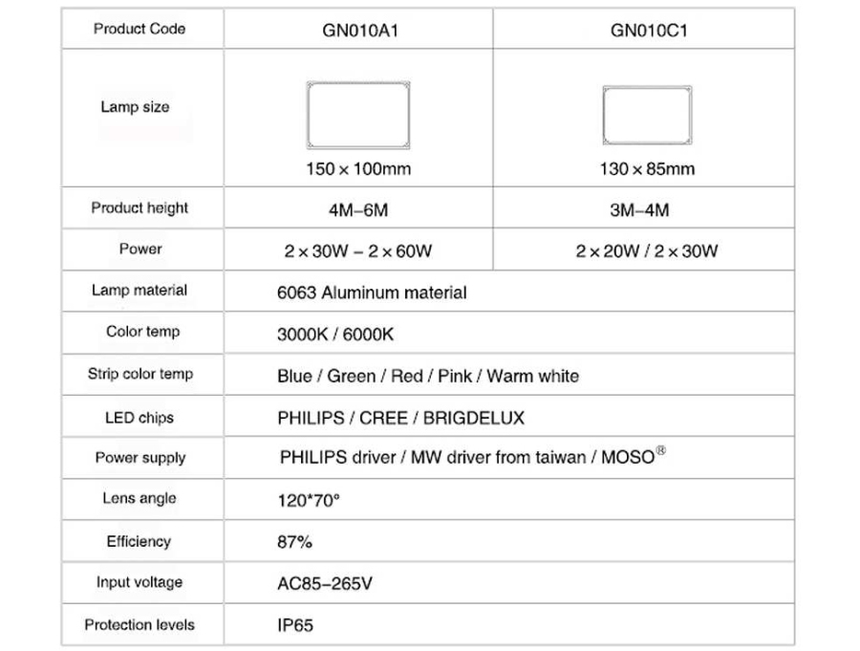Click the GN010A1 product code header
(x=359, y=30)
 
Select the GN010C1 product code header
(x=649, y=30)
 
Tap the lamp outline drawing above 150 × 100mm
(x=358, y=115)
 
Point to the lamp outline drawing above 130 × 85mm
(x=647, y=116)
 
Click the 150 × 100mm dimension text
(x=358, y=169)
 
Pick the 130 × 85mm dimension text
(x=647, y=169)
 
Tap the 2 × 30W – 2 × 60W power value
(x=358, y=251)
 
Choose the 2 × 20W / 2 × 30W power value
(x=647, y=251)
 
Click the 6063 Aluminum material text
(x=372, y=293)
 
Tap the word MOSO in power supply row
(x=628, y=457)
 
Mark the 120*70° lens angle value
(x=308, y=499)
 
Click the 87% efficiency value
(x=294, y=542)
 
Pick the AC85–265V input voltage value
(x=324, y=583)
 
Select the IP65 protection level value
(x=294, y=626)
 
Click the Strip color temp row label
(x=140, y=374)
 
